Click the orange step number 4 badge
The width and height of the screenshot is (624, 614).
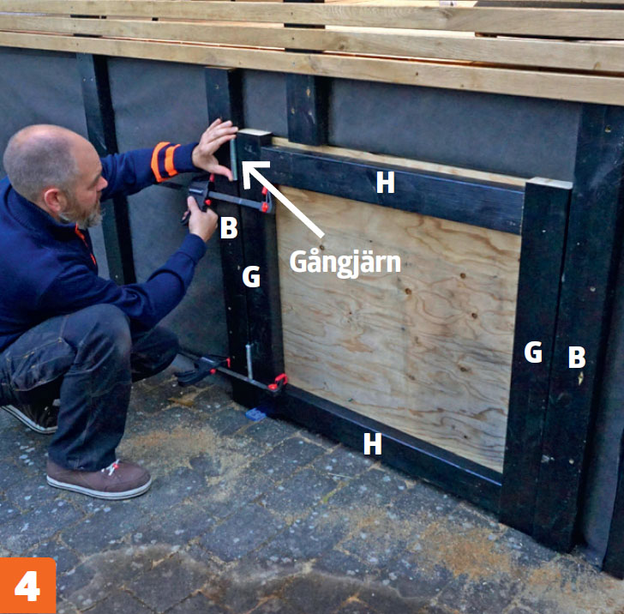27,586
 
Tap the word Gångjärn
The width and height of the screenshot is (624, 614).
345,262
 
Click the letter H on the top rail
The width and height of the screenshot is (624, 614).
385,183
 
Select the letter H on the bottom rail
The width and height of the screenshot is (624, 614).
373,443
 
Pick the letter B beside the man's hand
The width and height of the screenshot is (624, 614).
229,228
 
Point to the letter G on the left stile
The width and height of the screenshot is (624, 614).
251,277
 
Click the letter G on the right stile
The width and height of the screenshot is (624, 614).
533,352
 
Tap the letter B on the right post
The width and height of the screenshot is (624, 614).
577,357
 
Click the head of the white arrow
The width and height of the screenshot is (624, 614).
250,171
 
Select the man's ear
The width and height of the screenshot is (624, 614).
52,200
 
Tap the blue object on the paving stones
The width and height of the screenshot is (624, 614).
255,414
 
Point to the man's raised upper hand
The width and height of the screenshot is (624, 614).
215,148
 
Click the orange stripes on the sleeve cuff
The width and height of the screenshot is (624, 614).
165,161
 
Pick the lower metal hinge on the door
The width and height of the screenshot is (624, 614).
249,361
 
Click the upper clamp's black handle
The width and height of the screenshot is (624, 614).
199,192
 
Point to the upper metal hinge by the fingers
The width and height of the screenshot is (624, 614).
234,160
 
